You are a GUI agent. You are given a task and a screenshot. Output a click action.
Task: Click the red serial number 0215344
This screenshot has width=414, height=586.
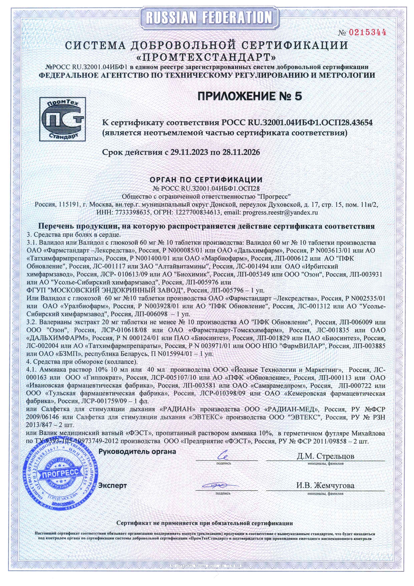367,32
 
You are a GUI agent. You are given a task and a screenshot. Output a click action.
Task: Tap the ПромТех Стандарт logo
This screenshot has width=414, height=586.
62,119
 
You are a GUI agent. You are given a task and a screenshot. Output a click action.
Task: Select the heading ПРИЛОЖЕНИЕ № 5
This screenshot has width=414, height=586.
250,96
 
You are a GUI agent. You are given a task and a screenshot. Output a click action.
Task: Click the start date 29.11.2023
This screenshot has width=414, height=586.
188,152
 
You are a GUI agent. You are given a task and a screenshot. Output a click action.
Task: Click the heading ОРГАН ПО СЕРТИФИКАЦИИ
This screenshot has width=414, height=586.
206,180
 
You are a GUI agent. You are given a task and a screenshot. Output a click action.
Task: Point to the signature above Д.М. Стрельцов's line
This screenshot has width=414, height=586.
223,455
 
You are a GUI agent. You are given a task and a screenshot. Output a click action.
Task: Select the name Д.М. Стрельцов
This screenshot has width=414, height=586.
326,456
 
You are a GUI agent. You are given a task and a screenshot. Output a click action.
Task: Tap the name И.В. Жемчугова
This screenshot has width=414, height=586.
326,485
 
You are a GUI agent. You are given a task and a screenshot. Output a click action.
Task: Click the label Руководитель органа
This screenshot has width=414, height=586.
137,452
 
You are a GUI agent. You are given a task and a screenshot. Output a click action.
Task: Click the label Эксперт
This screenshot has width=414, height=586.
113,485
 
